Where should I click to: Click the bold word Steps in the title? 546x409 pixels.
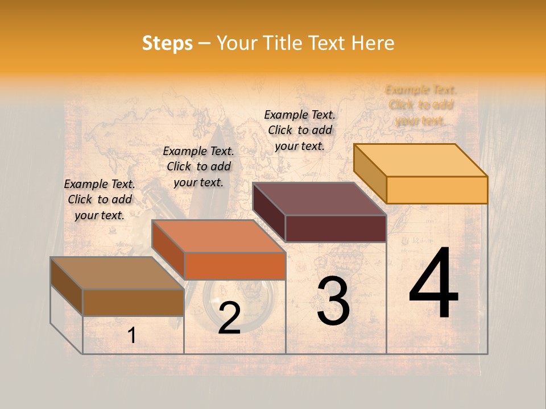[x=167, y=43]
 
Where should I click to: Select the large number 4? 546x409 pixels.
[x=433, y=285]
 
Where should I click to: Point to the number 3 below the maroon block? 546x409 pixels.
[x=333, y=301]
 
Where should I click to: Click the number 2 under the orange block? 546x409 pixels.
[x=229, y=319]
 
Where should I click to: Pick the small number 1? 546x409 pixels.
[x=132, y=336]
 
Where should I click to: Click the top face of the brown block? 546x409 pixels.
[x=117, y=273]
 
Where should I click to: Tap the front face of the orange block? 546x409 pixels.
[x=235, y=266]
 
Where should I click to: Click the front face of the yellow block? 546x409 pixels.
[x=437, y=190]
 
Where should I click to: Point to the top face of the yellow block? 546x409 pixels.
[x=420, y=160]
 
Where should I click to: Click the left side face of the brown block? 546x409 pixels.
[x=67, y=286]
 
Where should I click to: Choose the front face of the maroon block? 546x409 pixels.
[x=336, y=228]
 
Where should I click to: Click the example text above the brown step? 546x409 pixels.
[x=100, y=199]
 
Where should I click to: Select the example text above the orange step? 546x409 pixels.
[x=198, y=166]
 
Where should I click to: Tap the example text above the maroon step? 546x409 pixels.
[x=300, y=130]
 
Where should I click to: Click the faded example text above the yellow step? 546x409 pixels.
[x=421, y=105]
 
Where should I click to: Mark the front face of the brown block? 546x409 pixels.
[x=133, y=302]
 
